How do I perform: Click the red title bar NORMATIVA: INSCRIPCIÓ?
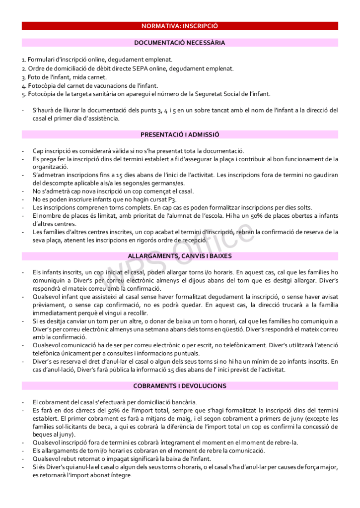(180, 26)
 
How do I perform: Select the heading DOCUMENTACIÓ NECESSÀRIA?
(180, 43)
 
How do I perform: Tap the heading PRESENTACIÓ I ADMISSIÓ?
(180, 134)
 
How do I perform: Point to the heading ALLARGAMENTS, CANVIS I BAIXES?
(180, 256)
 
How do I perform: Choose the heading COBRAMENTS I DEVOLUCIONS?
(180, 386)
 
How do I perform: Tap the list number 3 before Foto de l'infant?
(23, 77)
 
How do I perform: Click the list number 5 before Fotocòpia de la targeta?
(23, 94)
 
